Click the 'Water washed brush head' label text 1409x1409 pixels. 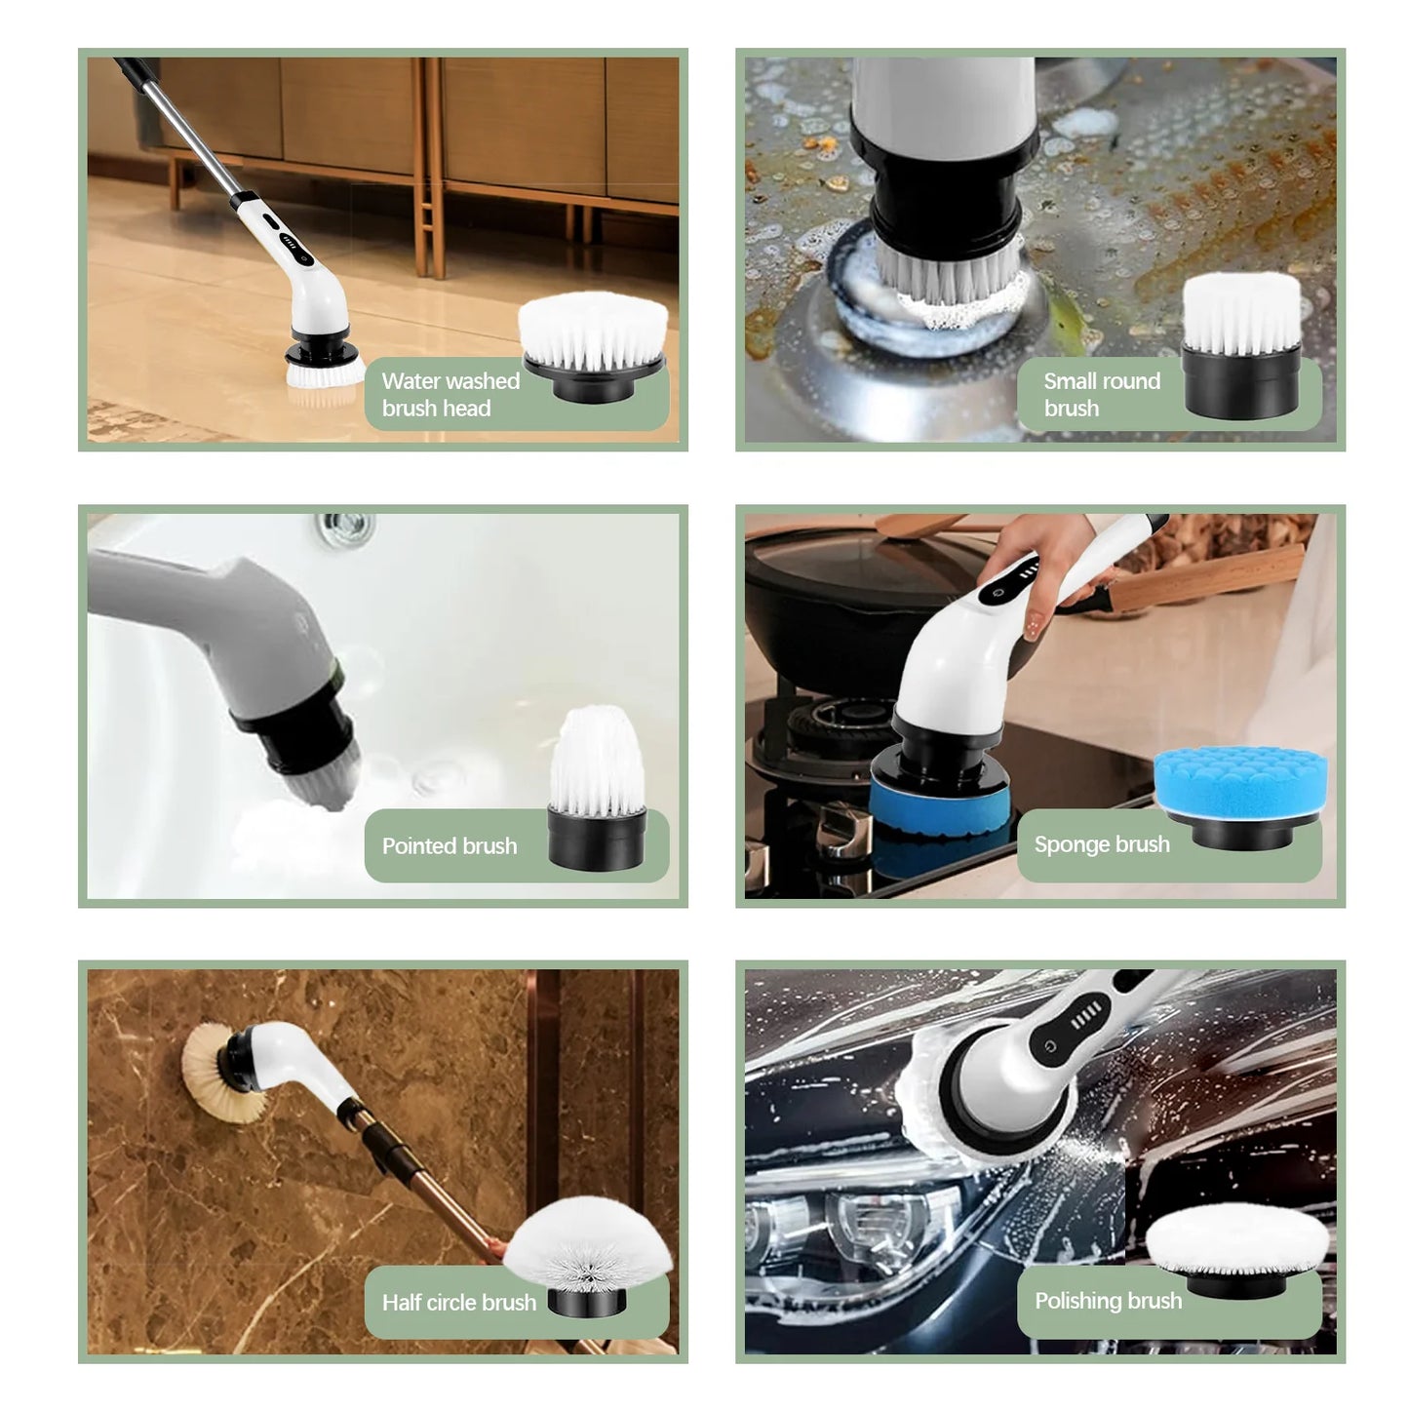click(450, 394)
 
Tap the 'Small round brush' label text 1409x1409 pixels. click(1102, 394)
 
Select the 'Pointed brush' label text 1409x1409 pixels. click(450, 846)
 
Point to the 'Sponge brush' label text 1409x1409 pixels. click(1102, 844)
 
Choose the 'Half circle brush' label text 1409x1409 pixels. click(459, 1303)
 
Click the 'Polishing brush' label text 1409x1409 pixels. click(1109, 1301)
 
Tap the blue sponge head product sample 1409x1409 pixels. click(1240, 797)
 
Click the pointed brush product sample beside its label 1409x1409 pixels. click(597, 788)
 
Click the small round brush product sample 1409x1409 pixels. click(1241, 346)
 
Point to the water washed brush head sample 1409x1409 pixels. click(593, 346)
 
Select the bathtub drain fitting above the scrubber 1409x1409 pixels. click(346, 528)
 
